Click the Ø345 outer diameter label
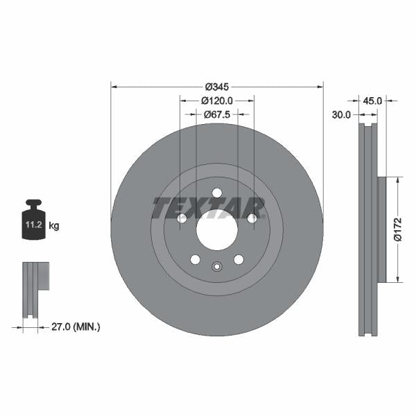pyautogui.click(x=216, y=87)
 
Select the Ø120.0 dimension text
pyautogui.click(x=216, y=101)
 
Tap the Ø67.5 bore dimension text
pyautogui.click(x=216, y=114)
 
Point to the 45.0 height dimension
pyautogui.click(x=372, y=101)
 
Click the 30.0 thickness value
pyautogui.click(x=340, y=114)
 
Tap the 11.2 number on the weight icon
pyautogui.click(x=34, y=225)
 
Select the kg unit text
pyautogui.click(x=53, y=226)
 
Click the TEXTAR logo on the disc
pyautogui.click(x=209, y=207)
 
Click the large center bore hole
pyautogui.click(x=216, y=229)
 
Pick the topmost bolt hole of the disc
pyautogui.click(x=216, y=193)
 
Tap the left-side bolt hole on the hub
pyautogui.click(x=182, y=218)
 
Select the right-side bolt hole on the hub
pyautogui.click(x=252, y=218)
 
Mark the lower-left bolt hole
pyautogui.click(x=195, y=259)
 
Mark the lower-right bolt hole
pyautogui.click(x=239, y=259)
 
